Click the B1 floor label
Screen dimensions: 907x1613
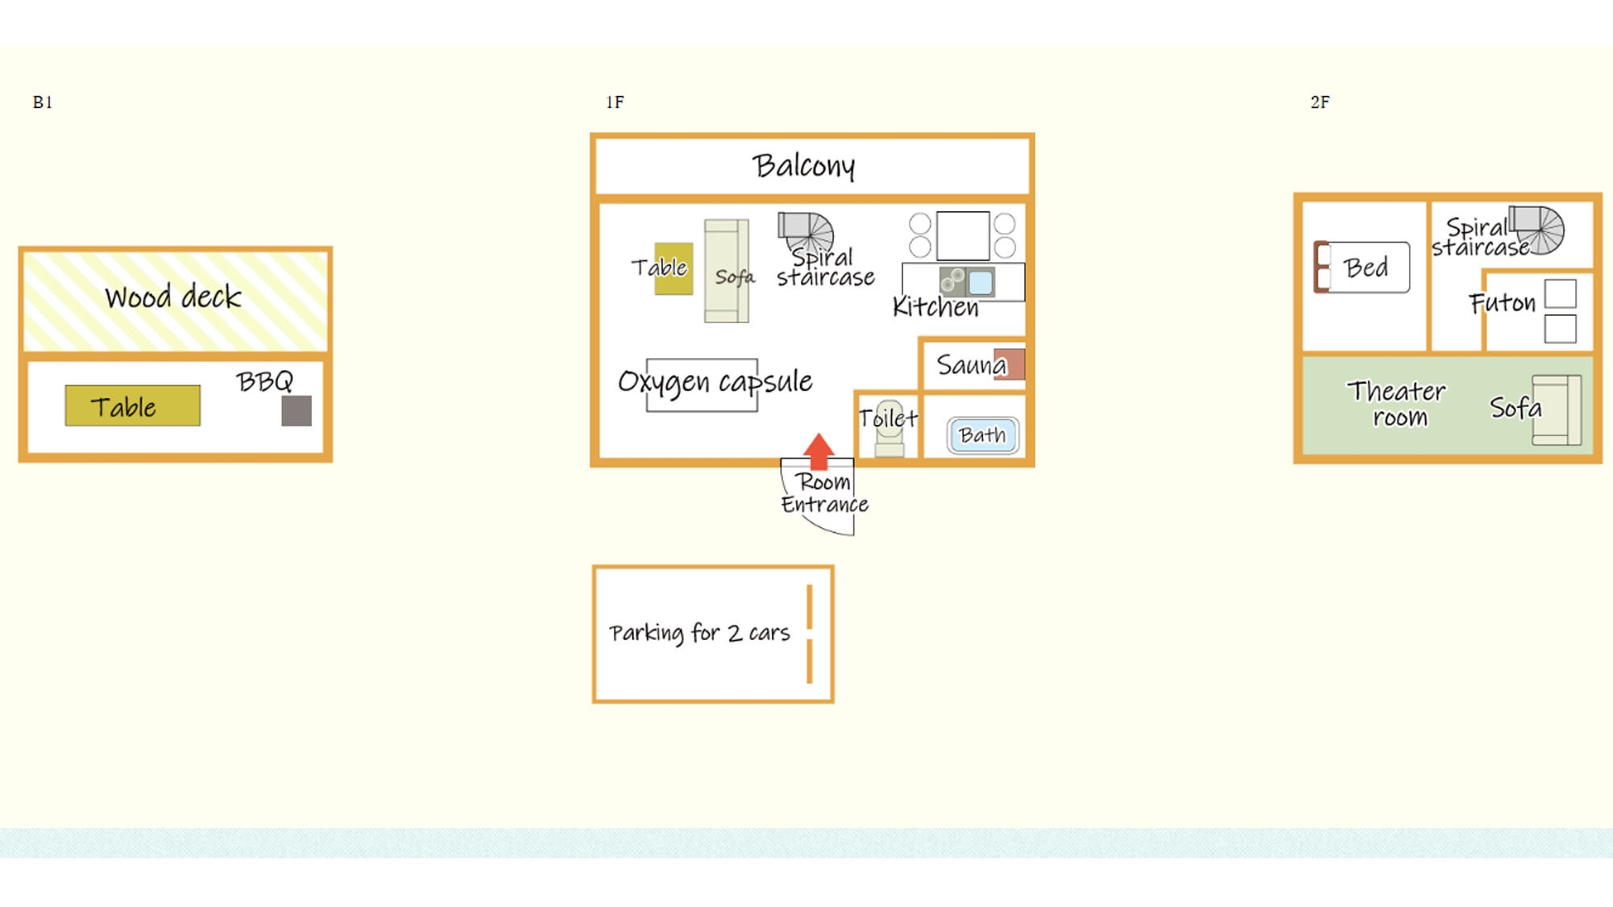(43, 102)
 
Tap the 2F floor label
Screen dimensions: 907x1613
(1319, 102)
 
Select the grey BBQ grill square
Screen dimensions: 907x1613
(296, 410)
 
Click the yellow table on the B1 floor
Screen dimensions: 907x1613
(132, 406)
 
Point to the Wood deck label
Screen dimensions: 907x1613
(173, 297)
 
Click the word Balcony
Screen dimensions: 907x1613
(803, 166)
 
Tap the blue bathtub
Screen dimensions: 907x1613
(982, 435)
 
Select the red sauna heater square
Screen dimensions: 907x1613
(1011, 364)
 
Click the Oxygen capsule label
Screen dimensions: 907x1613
(715, 381)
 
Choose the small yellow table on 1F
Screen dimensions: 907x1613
(673, 268)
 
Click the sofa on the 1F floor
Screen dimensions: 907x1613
(727, 271)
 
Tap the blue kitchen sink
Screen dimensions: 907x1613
(980, 282)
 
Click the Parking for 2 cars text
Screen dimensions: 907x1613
(699, 633)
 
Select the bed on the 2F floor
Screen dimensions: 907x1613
(1363, 267)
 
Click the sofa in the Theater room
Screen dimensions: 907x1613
(1557, 410)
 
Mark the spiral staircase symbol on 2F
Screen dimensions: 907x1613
(1538, 229)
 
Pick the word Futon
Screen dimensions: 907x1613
(1502, 303)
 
